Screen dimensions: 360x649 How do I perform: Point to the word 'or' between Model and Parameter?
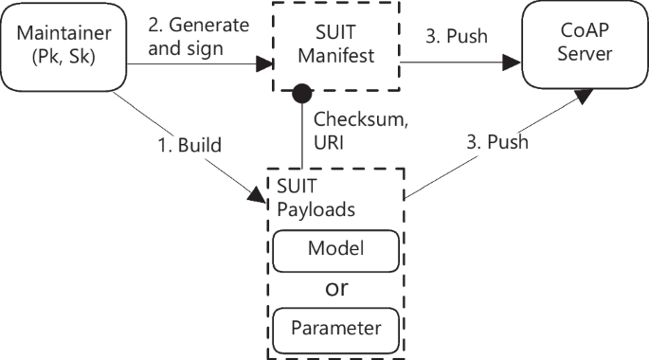(335, 288)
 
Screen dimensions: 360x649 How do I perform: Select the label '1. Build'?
(189, 146)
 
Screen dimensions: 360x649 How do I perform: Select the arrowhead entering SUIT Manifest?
(263, 64)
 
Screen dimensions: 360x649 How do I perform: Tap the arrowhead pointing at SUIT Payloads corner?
(258, 196)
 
